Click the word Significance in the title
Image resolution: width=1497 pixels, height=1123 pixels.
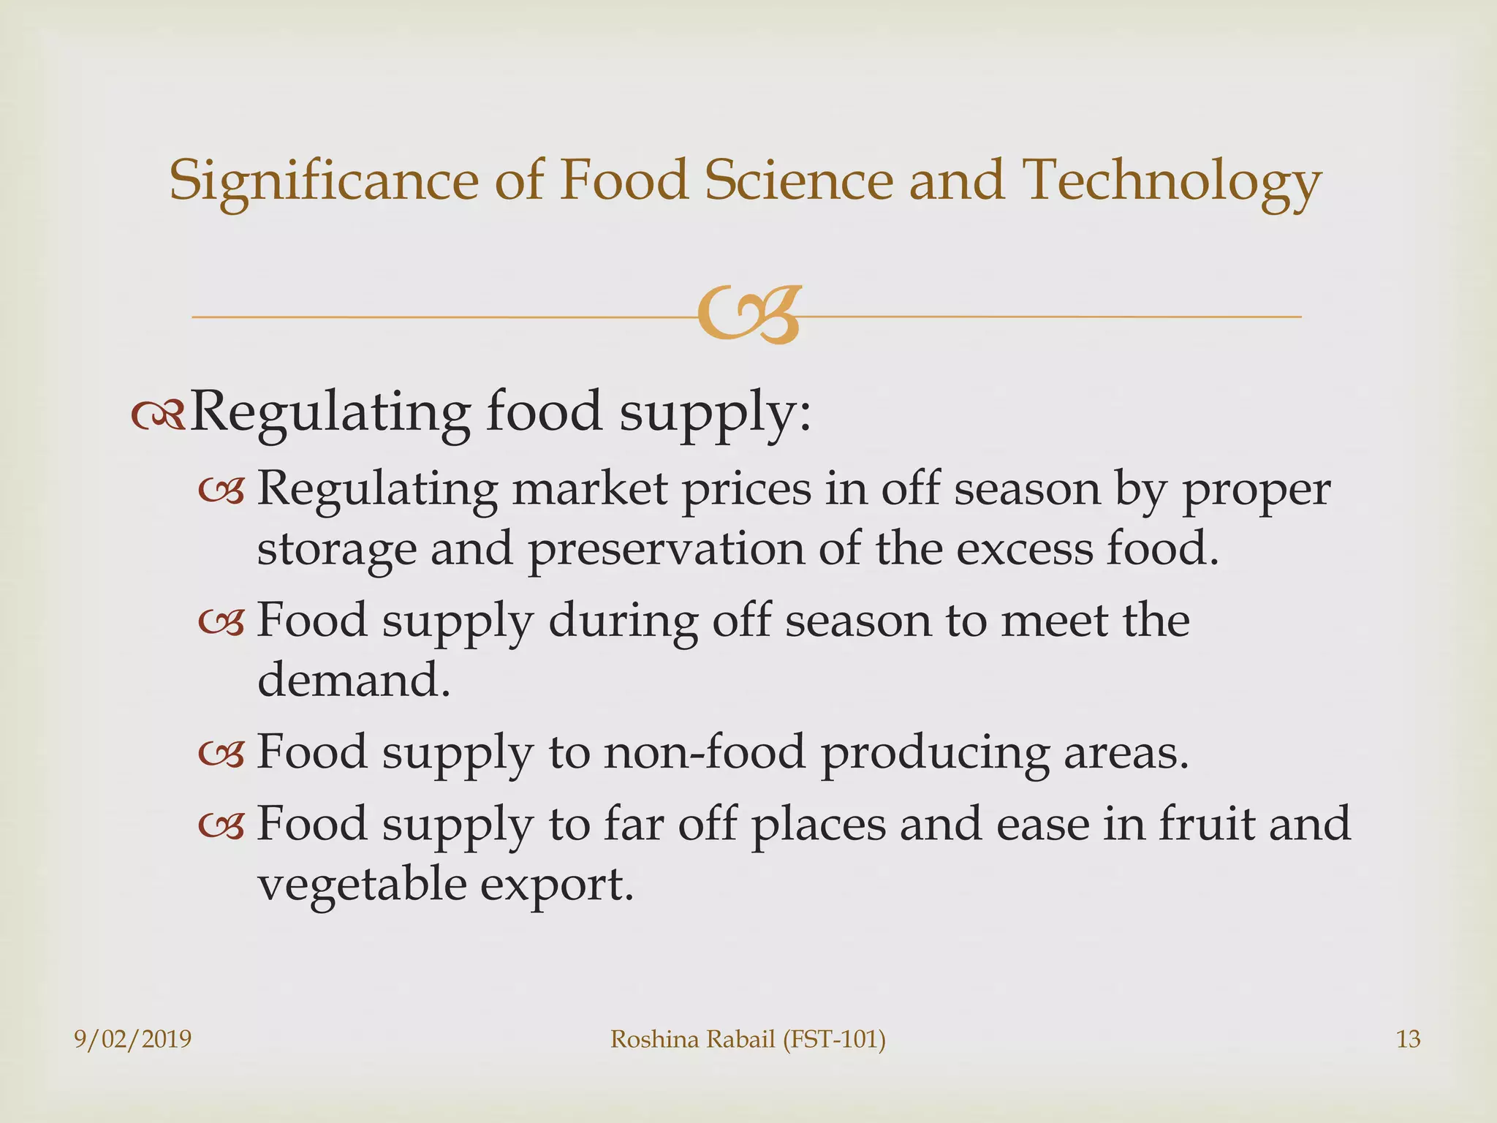(x=324, y=180)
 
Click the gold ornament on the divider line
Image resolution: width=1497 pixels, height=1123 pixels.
(x=748, y=316)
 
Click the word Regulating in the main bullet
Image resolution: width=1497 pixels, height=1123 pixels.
(x=329, y=412)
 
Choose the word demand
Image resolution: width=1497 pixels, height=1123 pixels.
(x=353, y=680)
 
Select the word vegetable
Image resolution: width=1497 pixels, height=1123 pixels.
(x=362, y=885)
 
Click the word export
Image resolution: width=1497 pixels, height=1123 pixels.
(x=556, y=885)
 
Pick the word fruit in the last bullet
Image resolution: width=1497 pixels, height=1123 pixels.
(x=1206, y=823)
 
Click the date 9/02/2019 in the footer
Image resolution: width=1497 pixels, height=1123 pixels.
(x=133, y=1039)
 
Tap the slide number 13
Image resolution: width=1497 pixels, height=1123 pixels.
(x=1408, y=1039)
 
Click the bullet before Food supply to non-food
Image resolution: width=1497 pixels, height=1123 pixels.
(x=221, y=755)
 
